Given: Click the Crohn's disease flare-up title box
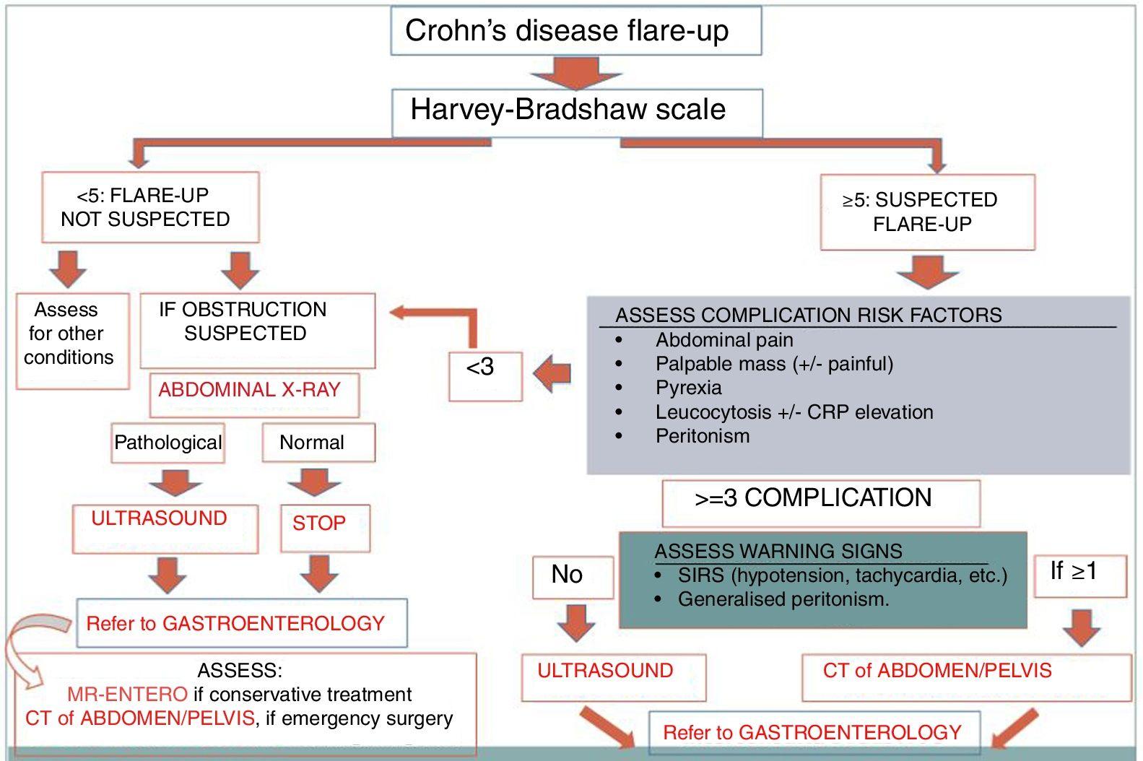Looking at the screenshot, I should (x=575, y=31).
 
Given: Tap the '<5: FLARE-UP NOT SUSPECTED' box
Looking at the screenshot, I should (x=149, y=207).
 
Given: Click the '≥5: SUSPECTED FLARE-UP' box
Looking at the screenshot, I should (x=926, y=212).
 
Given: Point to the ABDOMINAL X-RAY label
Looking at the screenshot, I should (x=250, y=391).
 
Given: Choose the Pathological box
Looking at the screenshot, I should (x=168, y=443).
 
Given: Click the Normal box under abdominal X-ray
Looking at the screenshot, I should (x=317, y=443).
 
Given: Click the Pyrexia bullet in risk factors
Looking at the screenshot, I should (x=688, y=388).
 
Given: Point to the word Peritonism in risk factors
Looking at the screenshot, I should (x=702, y=436).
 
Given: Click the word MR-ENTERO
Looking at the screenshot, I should (x=127, y=695).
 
